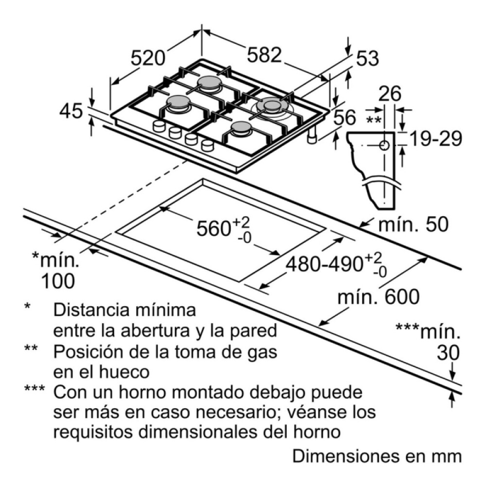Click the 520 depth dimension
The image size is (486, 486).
pyautogui.click(x=148, y=59)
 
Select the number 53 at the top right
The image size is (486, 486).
pyautogui.click(x=367, y=59)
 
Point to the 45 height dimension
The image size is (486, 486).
pyautogui.click(x=71, y=112)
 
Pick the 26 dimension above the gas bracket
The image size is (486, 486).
pyautogui.click(x=389, y=94)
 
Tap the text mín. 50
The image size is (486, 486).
pyautogui.click(x=413, y=225)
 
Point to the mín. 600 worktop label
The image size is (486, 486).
pyautogui.click(x=379, y=296)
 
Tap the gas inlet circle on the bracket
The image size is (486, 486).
pyautogui.click(x=384, y=145)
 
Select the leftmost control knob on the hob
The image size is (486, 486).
pyautogui.click(x=158, y=126)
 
